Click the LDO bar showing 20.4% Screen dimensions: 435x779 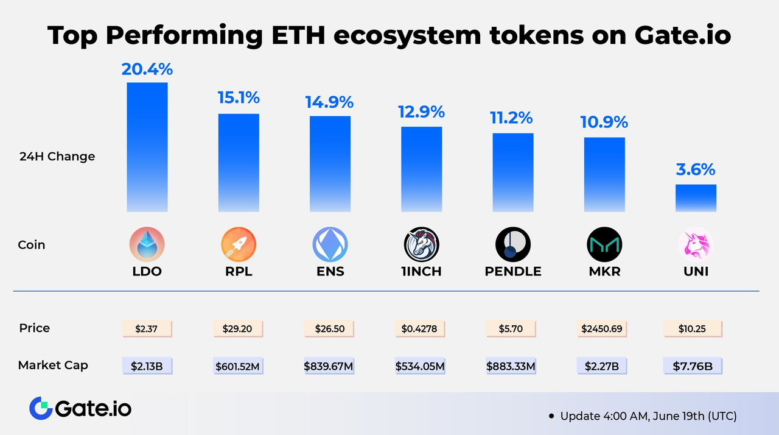147,147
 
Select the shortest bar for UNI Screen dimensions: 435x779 696,198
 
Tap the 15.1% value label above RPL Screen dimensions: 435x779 239,97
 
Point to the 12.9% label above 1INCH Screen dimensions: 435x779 421,111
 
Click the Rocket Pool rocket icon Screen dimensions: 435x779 239,245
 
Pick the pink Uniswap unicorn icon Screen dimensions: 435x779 696,245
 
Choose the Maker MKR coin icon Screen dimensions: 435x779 604,245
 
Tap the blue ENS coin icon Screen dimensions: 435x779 330,245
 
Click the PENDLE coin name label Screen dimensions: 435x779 513,271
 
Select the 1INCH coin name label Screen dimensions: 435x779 421,271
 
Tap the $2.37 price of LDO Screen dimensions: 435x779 147,329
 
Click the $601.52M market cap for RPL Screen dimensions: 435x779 239,366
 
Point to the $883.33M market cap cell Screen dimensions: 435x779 510,366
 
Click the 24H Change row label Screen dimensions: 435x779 57,157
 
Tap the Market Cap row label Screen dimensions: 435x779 53,366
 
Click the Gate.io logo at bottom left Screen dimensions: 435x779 80,408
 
